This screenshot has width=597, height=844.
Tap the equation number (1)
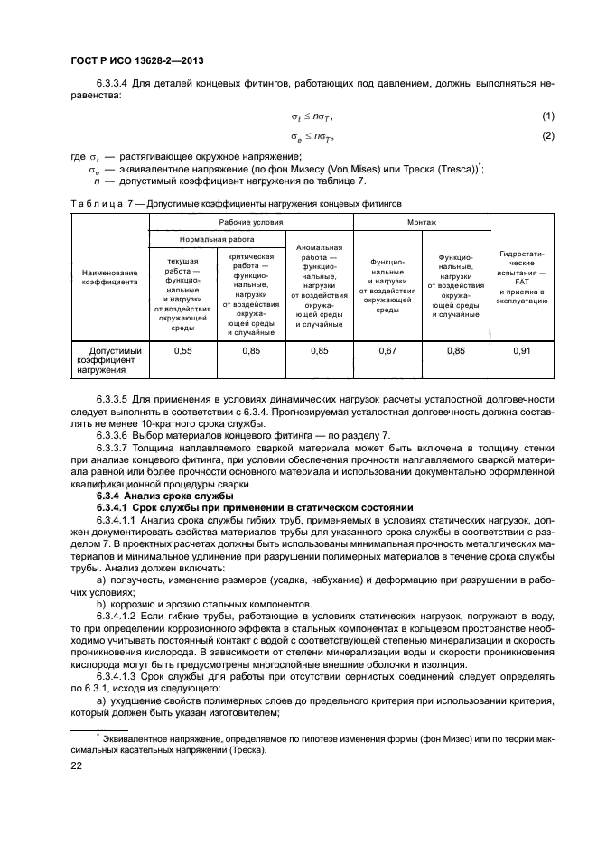pos(547,116)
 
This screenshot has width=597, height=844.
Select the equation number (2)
pos(547,135)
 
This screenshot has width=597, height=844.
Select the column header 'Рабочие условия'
pos(250,221)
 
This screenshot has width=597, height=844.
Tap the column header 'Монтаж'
pos(421,221)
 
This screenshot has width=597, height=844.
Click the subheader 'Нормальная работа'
pos(217,239)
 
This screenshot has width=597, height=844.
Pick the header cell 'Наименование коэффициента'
pos(109,277)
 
